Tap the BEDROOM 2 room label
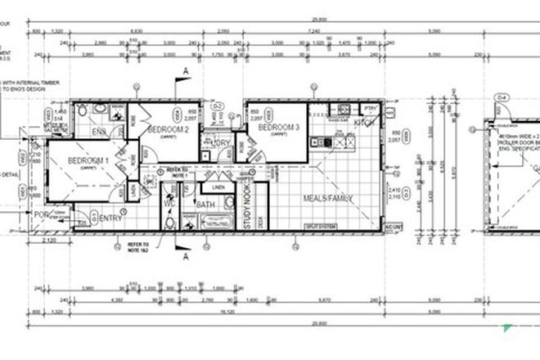(x=169, y=130)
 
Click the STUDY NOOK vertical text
(x=245, y=203)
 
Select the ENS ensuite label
(x=100, y=131)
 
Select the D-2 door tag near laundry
(x=218, y=106)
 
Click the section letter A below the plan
(x=187, y=256)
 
